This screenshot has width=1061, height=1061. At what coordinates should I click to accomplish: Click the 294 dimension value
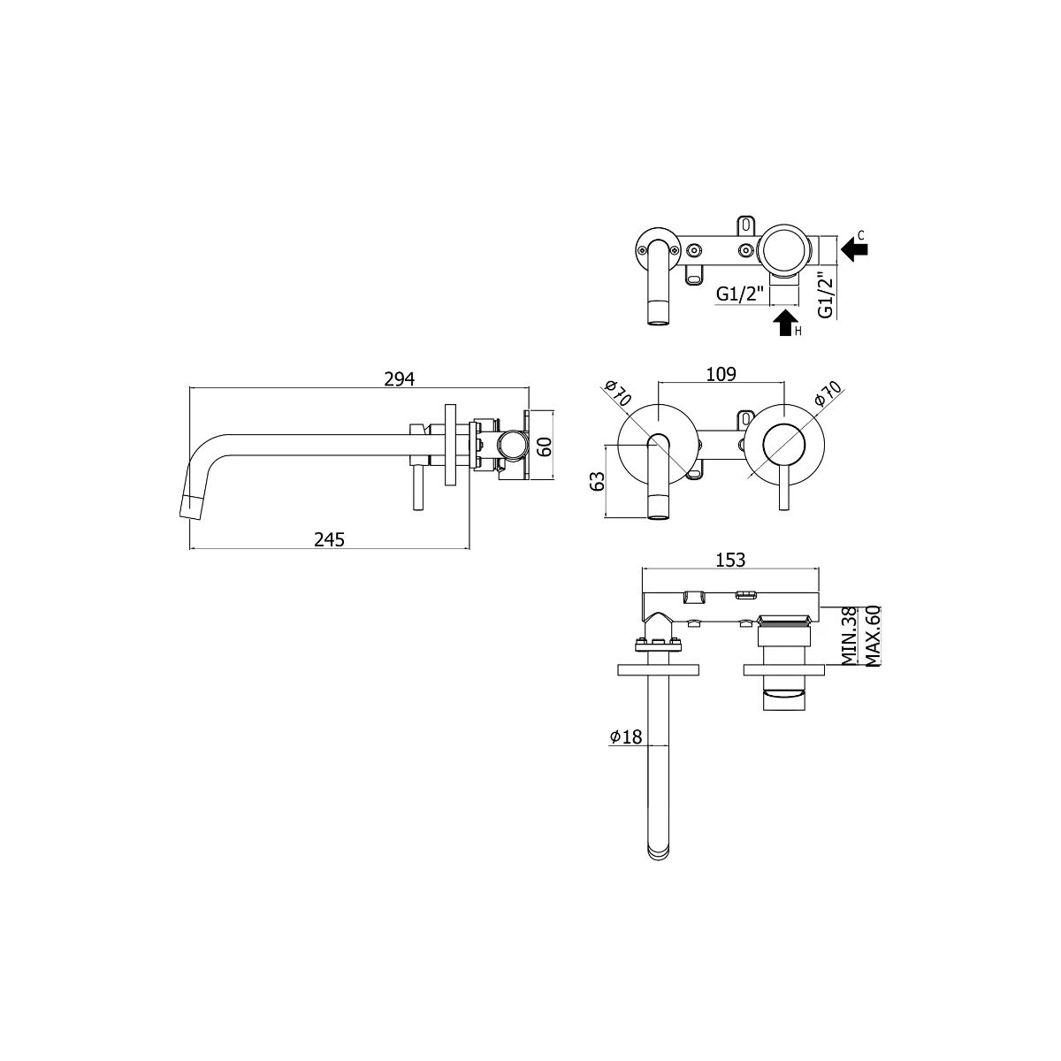[x=399, y=378]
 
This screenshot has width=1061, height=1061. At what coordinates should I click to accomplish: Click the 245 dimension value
[x=329, y=539]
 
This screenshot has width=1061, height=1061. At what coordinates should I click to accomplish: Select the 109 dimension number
[x=721, y=374]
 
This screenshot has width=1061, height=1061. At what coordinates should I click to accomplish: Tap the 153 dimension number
[x=730, y=560]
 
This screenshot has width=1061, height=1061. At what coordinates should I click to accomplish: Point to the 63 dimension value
[x=597, y=481]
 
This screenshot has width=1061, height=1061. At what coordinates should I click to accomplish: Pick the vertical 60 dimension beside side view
[x=545, y=446]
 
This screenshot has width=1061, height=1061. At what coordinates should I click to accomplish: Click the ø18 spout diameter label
[x=626, y=737]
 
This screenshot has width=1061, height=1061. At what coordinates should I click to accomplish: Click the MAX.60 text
[x=872, y=636]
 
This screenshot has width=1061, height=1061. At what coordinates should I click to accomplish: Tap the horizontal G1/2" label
[x=739, y=294]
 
